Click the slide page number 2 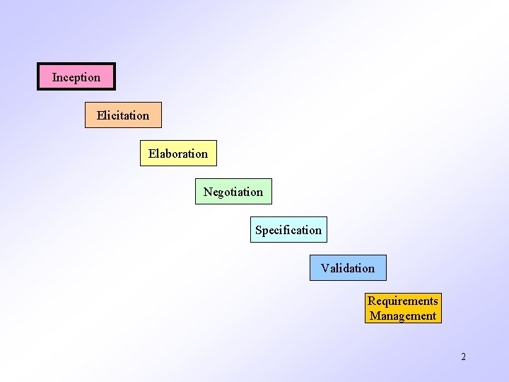pos(464,357)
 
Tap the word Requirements pos(403,301)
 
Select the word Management pos(403,316)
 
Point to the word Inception pos(76,77)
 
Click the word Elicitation pos(123,115)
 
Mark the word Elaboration pos(178,154)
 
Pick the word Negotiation pos(233,192)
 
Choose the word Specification pos(288,230)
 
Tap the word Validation pos(348,268)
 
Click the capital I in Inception pos(54,77)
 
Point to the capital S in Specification pos(259,230)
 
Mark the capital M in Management pos(375,316)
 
